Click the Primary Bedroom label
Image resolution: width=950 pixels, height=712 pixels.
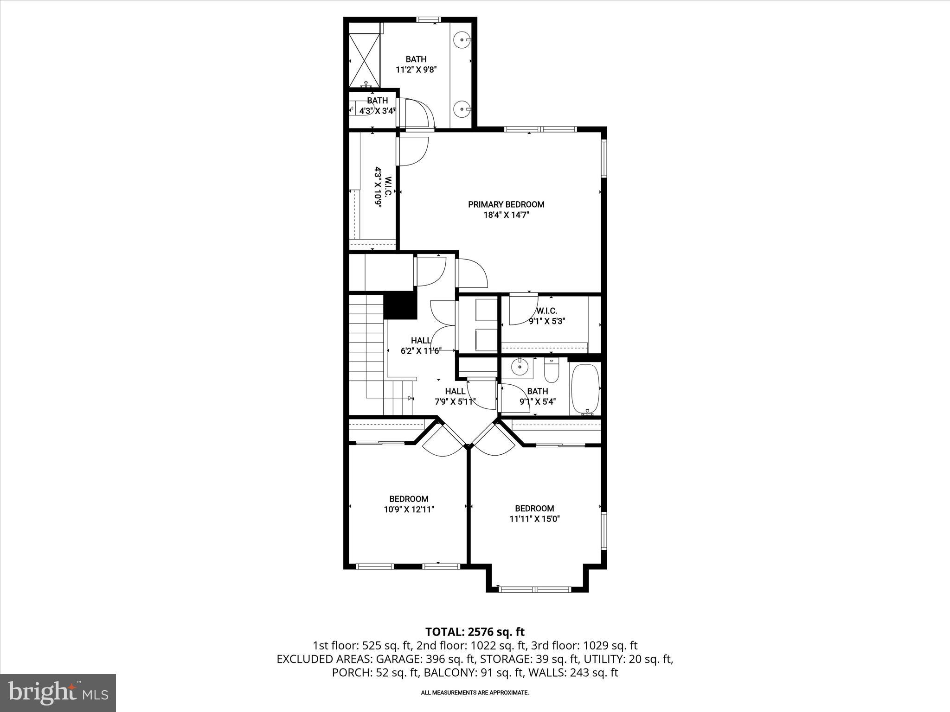[506, 204]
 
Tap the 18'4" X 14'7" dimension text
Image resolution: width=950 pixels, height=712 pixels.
[506, 215]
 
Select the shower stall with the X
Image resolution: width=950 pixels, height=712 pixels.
[364, 60]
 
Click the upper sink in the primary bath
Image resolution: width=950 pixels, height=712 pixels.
[462, 40]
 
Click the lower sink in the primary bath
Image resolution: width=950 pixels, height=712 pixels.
[462, 109]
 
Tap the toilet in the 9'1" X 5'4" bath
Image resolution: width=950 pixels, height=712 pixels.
[552, 371]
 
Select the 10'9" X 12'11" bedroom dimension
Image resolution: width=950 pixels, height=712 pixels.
[409, 509]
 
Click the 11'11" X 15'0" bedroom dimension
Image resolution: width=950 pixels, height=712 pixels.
[534, 519]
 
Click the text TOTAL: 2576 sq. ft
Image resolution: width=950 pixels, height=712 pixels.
[475, 631]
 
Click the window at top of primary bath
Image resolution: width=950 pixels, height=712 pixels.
[428, 19]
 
